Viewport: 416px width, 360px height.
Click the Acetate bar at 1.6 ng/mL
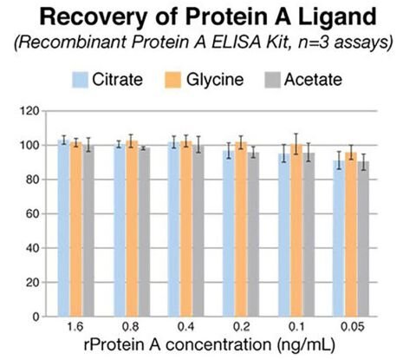(x=88, y=230)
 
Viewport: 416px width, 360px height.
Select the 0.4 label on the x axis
(x=187, y=330)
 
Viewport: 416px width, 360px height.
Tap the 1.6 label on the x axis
(x=75, y=330)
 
